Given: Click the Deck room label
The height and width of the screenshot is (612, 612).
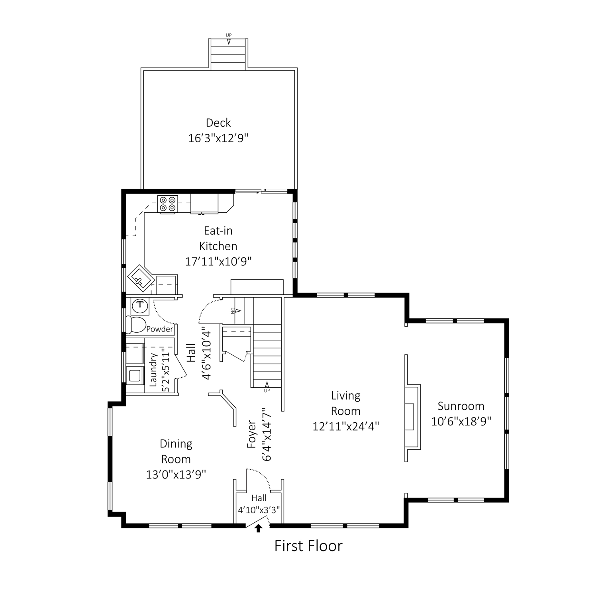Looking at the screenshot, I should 218,123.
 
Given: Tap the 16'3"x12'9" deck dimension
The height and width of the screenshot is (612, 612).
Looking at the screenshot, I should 218,138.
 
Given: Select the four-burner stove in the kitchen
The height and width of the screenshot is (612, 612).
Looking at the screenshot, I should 167,204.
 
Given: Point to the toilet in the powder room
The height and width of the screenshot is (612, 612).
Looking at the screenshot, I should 136,324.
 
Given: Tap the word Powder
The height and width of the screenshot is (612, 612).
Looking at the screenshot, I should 159,329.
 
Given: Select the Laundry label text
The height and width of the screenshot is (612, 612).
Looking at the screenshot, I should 153,369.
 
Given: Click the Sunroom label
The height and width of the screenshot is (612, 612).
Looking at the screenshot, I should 461,406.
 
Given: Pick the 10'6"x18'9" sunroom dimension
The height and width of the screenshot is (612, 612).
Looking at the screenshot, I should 461,421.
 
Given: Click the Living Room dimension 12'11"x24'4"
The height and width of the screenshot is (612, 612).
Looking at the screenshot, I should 345,426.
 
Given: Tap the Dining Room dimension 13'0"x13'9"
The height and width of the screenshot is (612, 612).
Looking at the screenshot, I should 176,475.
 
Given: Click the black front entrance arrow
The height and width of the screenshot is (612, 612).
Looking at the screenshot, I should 259,528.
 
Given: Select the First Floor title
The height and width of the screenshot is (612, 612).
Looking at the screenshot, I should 308,546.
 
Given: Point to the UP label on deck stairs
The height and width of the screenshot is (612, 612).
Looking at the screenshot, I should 229,35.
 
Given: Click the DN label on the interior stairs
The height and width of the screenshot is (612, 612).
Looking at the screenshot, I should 232,310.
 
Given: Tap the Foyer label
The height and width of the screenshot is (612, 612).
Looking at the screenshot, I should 251,434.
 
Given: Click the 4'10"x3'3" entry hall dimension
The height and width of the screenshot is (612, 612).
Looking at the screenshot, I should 259,510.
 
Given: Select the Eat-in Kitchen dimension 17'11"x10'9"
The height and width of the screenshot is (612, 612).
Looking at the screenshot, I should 218,261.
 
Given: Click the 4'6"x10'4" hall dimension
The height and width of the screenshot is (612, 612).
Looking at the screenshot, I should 206,353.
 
